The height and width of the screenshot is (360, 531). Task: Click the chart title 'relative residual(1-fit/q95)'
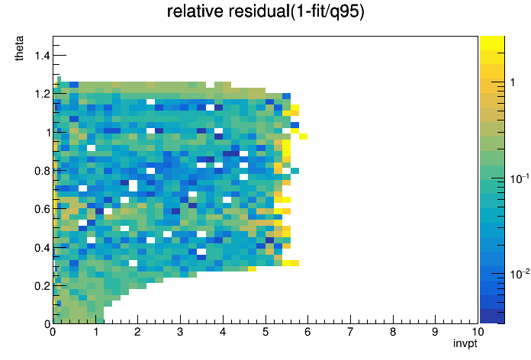click(x=265, y=11)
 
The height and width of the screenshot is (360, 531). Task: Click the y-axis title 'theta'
click(x=19, y=48)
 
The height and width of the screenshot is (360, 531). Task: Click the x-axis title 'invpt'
click(x=465, y=343)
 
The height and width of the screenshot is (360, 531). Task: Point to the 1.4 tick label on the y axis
click(x=42, y=55)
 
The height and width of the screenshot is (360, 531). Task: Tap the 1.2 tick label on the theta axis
click(x=42, y=94)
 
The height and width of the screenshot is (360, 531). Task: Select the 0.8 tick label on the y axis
click(x=42, y=171)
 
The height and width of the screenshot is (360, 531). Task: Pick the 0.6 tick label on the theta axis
click(x=42, y=209)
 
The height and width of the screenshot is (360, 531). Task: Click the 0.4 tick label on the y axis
click(x=42, y=248)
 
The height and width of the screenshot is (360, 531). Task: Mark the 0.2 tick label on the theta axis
click(x=42, y=286)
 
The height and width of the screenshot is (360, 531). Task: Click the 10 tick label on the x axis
click(x=478, y=332)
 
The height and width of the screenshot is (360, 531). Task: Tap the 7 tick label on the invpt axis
click(x=350, y=332)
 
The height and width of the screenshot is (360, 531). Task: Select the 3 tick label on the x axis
click(x=180, y=332)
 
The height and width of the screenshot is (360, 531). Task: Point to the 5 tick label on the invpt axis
click(x=265, y=332)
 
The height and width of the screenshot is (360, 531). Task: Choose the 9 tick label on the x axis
click(x=435, y=332)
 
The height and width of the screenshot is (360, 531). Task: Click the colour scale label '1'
click(x=513, y=82)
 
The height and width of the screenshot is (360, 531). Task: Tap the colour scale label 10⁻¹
click(x=519, y=178)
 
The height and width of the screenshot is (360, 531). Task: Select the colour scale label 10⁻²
click(x=519, y=274)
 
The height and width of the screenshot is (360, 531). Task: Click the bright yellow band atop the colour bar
click(x=492, y=43)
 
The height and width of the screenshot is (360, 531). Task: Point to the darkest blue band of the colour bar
click(x=492, y=317)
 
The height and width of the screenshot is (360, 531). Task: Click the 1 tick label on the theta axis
click(x=48, y=133)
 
